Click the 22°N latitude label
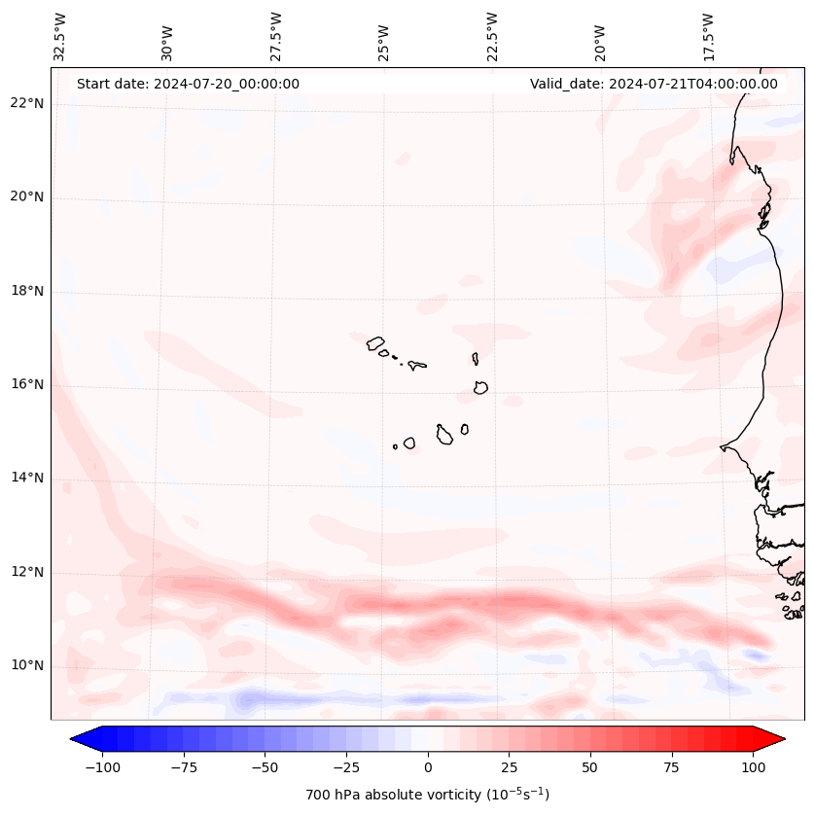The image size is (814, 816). pos(27,104)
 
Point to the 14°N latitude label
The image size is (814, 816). pos(27,478)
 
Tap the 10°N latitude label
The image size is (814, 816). pos(27,665)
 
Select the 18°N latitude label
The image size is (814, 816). pos(27,291)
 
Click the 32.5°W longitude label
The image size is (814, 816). pos(60,36)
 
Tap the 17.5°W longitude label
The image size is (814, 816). pos(708,36)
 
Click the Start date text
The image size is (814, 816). pos(188,84)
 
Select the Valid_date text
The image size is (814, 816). pos(654,84)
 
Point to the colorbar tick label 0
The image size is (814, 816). pos(428,767)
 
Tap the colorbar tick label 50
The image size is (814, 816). pos(590,767)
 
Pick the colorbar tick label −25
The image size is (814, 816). pos(346,767)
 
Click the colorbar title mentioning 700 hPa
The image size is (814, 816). pos(428,795)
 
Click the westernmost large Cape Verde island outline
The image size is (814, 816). pos(375,342)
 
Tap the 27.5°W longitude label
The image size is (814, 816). pos(276,36)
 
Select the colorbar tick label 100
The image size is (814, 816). pos(753,767)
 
